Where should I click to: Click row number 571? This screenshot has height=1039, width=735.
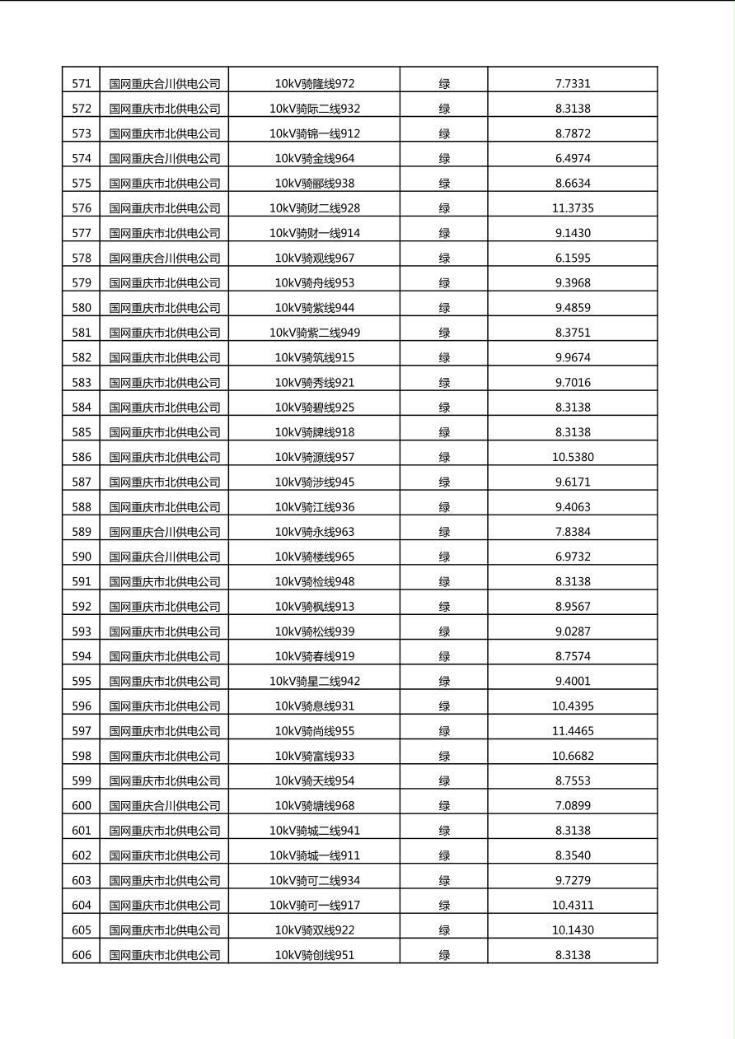tap(82, 84)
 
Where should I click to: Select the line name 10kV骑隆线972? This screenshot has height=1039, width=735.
tap(315, 84)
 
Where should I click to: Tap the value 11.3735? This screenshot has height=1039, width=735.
tap(573, 208)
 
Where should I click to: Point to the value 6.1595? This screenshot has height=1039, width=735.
tap(573, 258)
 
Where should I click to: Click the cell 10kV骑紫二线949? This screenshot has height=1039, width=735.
tap(315, 333)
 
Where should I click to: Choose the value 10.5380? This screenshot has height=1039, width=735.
tap(573, 457)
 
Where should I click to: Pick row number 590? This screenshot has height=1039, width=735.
tap(82, 557)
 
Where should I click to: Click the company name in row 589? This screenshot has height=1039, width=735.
tap(165, 532)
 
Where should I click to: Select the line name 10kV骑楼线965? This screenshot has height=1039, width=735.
tap(315, 557)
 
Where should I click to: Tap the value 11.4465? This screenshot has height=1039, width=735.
tap(573, 731)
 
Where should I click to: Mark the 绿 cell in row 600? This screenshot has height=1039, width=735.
tap(444, 806)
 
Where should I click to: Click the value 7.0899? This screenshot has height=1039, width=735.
tap(573, 806)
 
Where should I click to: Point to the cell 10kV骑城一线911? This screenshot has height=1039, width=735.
tap(315, 855)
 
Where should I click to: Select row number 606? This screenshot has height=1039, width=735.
tap(82, 955)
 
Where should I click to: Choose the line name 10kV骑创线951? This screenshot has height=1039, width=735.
tap(315, 955)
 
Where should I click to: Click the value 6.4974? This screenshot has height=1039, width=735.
tap(573, 158)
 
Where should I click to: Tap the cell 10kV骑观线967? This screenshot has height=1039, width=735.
tap(315, 258)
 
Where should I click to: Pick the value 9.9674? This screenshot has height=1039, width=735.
tap(573, 357)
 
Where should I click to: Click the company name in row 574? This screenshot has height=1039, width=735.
tap(165, 158)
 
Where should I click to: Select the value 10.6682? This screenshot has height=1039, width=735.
tap(573, 756)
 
